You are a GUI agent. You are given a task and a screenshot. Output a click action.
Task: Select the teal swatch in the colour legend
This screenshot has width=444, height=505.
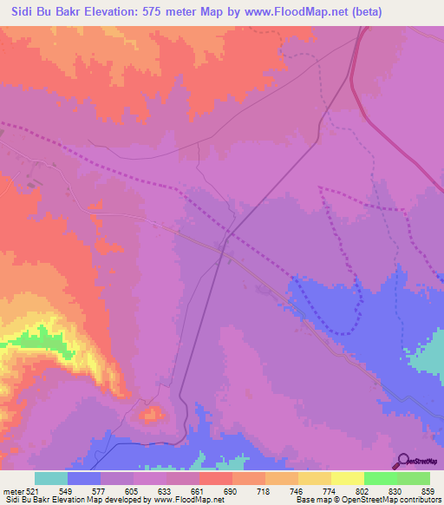(x=51, y=478)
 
